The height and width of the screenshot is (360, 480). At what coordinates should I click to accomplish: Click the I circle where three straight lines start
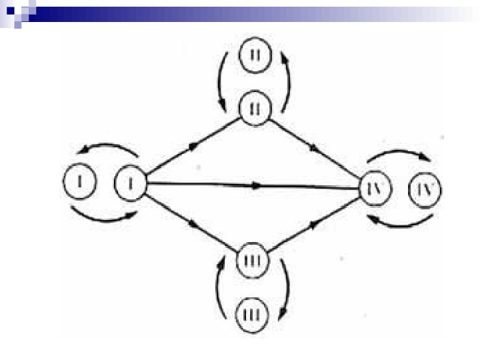click(x=131, y=181)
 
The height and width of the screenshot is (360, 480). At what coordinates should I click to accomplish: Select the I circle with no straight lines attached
click(x=79, y=181)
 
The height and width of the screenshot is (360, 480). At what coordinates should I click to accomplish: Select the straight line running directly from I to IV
click(x=253, y=185)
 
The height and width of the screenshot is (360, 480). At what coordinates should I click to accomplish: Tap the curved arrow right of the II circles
click(x=289, y=81)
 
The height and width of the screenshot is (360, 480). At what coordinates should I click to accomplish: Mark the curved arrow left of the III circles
click(x=219, y=287)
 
